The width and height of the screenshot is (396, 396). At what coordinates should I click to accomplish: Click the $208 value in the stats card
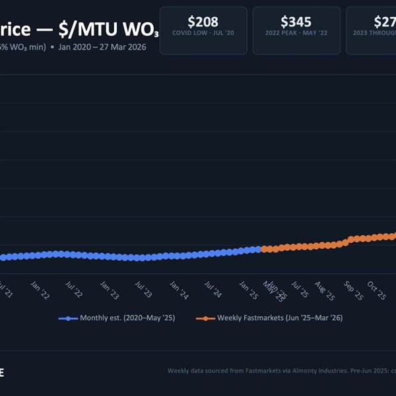coord(203,21)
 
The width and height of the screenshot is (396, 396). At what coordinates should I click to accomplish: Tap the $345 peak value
coord(296,21)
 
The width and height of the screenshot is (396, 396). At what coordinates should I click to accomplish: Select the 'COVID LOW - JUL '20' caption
coord(203,32)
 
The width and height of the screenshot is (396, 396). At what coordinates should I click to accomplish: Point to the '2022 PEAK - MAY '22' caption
coord(296,32)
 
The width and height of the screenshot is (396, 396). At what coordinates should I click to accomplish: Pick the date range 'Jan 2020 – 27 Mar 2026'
coord(102,47)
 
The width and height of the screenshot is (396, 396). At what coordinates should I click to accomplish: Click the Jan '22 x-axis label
coord(40,291)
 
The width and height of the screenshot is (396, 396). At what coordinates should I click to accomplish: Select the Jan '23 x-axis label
coord(109,291)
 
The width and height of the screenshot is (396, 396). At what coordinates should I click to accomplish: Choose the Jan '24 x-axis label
coord(178,291)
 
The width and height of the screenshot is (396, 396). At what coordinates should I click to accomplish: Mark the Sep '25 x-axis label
coord(353,291)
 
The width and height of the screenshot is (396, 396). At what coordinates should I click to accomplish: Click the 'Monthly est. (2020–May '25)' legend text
coord(127,318)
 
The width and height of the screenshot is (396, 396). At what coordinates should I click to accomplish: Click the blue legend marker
coord(68,318)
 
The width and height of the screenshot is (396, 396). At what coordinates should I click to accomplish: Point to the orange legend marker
coord(205,318)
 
